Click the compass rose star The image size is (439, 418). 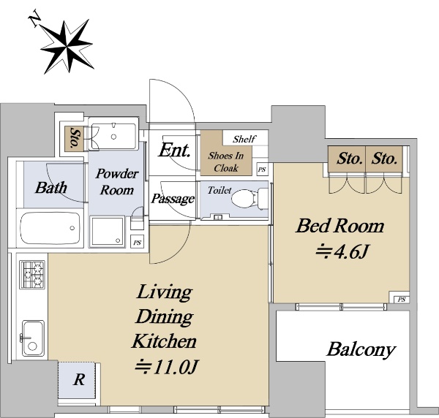click(67, 47)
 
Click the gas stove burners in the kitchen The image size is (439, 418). click(32, 275)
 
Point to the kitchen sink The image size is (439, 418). click(33, 338)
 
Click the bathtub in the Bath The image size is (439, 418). click(50, 228)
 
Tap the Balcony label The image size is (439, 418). click(361, 349)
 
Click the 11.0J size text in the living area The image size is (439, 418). click(167, 367)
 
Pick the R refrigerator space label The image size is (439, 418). click(79, 380)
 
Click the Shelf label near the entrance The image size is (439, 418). click(244, 139)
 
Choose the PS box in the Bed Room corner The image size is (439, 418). click(402, 300)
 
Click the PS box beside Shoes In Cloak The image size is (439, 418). click(262, 170)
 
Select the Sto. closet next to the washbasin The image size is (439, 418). click(74, 139)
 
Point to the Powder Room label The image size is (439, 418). click(117, 182)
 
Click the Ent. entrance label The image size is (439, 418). click(175, 150)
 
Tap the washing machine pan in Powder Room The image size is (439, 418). click(107, 232)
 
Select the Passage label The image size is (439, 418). click(173, 199)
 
